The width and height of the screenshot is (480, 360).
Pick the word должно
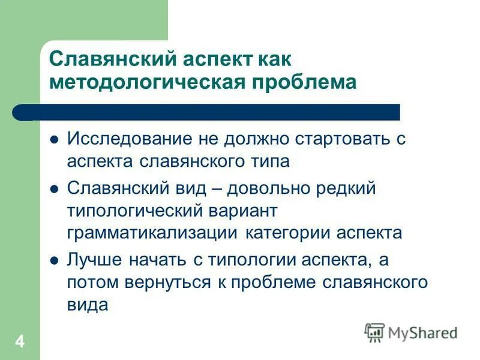(259, 139)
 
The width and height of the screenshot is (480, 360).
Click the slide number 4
(20, 343)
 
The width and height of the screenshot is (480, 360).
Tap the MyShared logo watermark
(411, 332)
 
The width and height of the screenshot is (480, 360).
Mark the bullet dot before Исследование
(54, 140)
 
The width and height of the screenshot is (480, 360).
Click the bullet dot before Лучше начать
(54, 261)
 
